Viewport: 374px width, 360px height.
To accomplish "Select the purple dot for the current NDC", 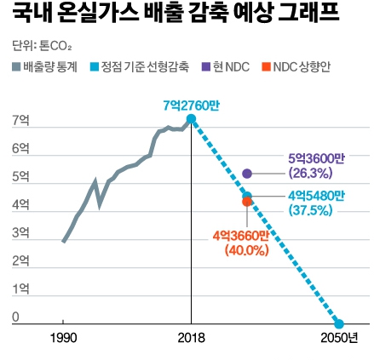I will pos(247,173).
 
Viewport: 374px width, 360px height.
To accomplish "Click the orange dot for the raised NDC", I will pos(247,202).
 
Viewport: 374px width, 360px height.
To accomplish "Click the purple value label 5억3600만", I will pos(316,157).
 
